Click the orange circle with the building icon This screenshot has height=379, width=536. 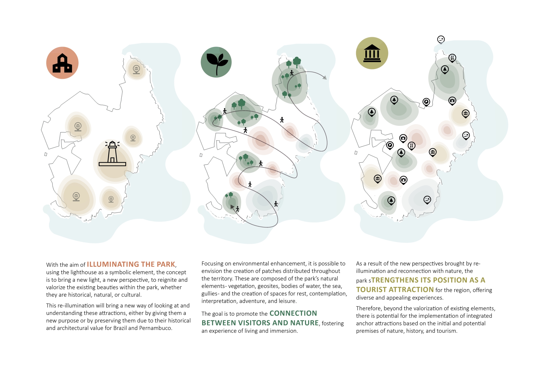(x=62, y=63)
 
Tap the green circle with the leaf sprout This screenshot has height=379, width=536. (x=216, y=62)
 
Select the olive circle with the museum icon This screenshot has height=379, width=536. (x=372, y=53)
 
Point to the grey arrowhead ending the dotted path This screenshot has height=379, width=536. (x=325, y=78)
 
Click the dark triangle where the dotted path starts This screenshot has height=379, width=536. (x=232, y=207)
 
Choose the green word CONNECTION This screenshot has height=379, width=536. (x=293, y=313)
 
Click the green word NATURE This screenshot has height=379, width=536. (x=305, y=323)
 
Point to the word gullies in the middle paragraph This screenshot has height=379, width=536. (x=210, y=294)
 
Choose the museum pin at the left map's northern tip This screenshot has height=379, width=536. (x=136, y=69)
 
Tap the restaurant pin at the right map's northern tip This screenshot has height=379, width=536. (x=452, y=58)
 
